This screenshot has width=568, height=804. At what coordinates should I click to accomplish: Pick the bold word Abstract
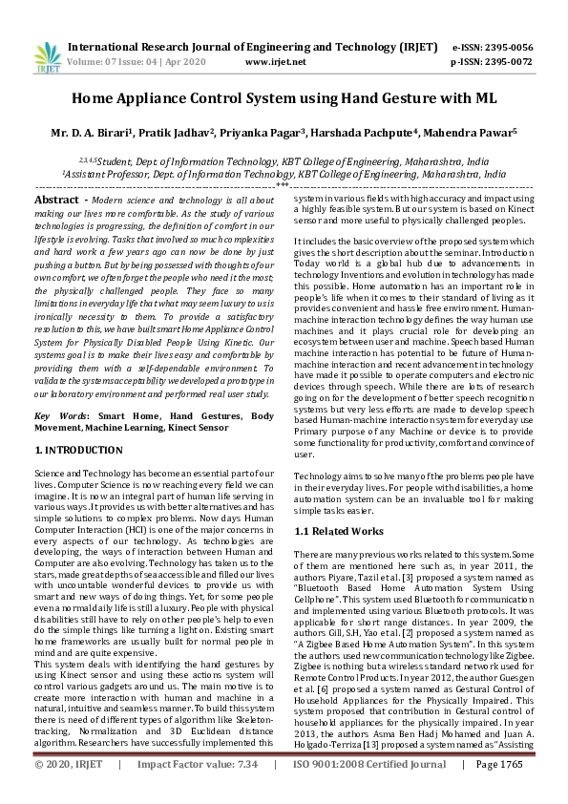[x=55, y=200]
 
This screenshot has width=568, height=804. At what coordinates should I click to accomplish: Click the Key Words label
[x=59, y=417]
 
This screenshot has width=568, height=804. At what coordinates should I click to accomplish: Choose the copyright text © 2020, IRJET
[x=69, y=792]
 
